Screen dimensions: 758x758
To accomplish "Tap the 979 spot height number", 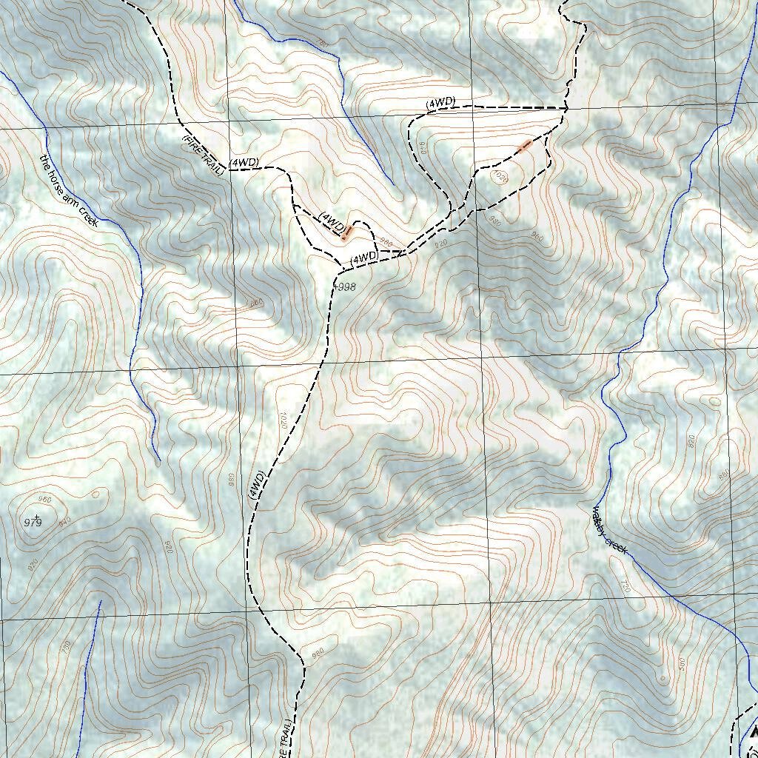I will point(32,523).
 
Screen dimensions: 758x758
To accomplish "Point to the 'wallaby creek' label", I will point(609,530).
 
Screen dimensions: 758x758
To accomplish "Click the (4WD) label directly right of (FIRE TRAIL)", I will point(244,162).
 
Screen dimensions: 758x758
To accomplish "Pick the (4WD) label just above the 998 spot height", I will point(364,257).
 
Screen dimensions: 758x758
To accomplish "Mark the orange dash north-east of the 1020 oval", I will point(526,145).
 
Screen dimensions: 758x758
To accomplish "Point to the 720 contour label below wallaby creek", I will point(625,587).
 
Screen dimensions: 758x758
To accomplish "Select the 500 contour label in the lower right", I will point(681,663).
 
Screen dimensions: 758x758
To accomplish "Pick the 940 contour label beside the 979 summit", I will point(65,523).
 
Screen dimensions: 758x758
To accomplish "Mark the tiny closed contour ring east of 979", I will point(95,494).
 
